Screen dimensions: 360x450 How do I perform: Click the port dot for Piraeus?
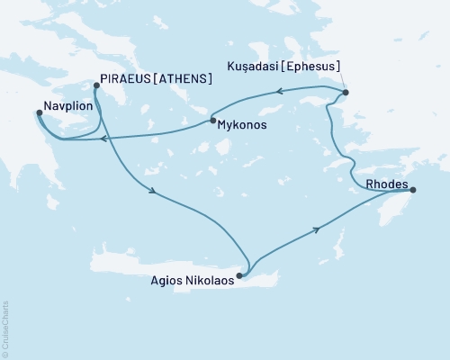pos(96,87)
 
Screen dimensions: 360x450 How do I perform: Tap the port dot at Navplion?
pos(39,113)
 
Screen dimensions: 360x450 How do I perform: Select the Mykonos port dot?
pos(212,121)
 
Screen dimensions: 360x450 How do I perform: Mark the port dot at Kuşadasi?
pos(346,93)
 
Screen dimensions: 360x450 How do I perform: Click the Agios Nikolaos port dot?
pos(239,276)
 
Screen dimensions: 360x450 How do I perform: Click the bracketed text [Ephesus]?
pos(312,67)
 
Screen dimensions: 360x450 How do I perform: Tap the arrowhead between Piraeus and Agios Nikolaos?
pos(155,192)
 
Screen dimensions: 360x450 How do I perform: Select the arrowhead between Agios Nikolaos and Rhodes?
pos(316,230)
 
